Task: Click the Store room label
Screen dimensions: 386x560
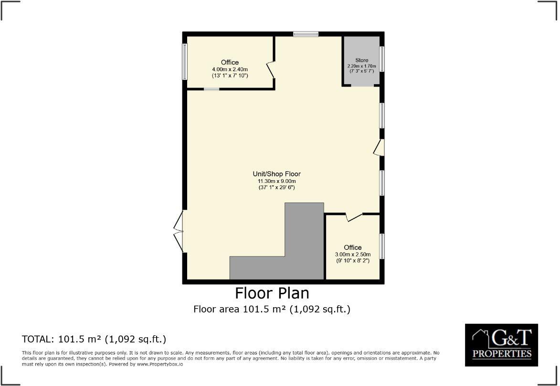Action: click(361, 60)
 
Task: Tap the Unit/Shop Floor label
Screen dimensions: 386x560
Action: click(276, 174)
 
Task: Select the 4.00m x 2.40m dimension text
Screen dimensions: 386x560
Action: click(230, 69)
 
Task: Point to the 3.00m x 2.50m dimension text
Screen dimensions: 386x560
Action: click(353, 255)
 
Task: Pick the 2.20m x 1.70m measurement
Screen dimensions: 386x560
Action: click(361, 66)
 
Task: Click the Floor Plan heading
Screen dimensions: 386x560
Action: click(272, 293)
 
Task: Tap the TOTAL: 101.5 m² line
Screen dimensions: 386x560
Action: click(94, 340)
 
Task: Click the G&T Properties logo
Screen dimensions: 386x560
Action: click(501, 345)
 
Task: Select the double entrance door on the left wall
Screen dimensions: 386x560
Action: click(179, 232)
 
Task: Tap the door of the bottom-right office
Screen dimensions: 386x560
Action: click(353, 217)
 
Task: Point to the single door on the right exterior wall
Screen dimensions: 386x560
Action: click(380, 148)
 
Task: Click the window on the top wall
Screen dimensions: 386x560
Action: click(306, 34)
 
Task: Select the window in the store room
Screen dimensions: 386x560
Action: click(382, 59)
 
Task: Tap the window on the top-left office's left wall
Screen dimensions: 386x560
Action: click(185, 62)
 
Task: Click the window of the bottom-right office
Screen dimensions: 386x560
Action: click(382, 247)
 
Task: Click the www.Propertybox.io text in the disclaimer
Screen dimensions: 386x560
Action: click(159, 364)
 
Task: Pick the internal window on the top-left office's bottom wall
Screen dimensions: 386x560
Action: click(211, 89)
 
